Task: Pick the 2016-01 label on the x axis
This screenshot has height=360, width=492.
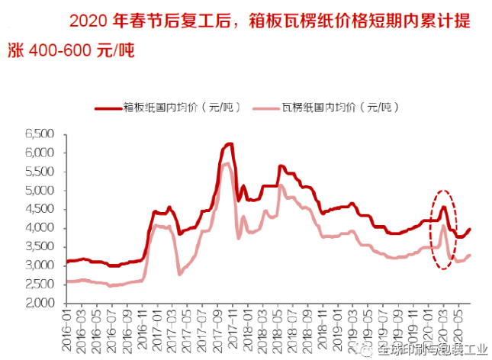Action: pyautogui.click(x=67, y=329)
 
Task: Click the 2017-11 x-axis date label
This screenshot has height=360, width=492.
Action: pyautogui.click(x=230, y=329)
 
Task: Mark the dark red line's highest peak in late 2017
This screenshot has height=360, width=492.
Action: pyautogui.click(x=228, y=143)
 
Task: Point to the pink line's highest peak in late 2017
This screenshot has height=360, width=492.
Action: pyautogui.click(x=226, y=163)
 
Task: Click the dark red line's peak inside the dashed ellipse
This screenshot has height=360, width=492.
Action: pyautogui.click(x=444, y=206)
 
